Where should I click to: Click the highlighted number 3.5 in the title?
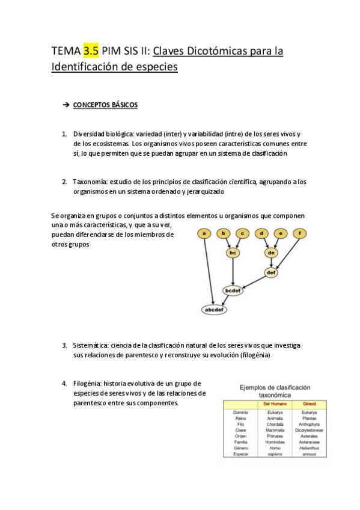[91, 51]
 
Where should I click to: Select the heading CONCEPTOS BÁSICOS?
[105, 105]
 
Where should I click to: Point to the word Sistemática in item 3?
[92, 346]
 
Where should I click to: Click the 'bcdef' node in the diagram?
[233, 290]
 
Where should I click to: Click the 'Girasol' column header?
[310, 404]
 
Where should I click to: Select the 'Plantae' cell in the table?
[310, 418]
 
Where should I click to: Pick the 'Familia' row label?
[240, 442]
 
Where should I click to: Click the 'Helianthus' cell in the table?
[310, 448]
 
